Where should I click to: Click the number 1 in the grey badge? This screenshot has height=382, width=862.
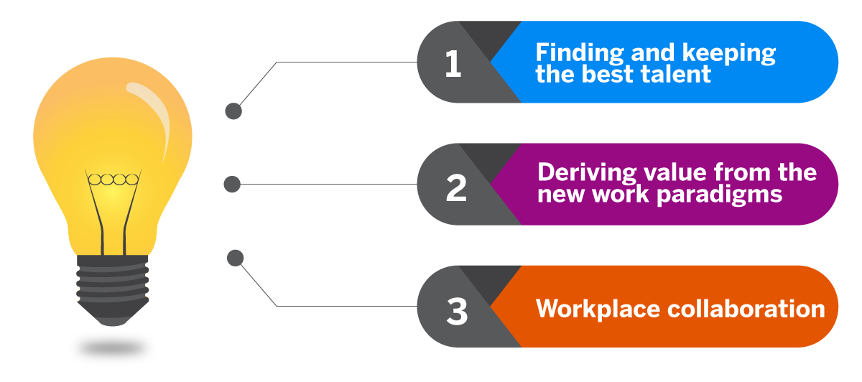coord(453,63)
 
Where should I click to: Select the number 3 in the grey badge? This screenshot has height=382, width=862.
coord(456,311)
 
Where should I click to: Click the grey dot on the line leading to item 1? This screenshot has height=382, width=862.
coord(233,111)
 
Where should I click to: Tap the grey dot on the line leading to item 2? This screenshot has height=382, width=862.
coord(232,185)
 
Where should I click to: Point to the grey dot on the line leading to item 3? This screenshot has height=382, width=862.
coord(235,258)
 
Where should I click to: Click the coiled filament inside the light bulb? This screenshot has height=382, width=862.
coord(113,179)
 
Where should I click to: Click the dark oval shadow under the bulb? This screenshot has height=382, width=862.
coord(112,348)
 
